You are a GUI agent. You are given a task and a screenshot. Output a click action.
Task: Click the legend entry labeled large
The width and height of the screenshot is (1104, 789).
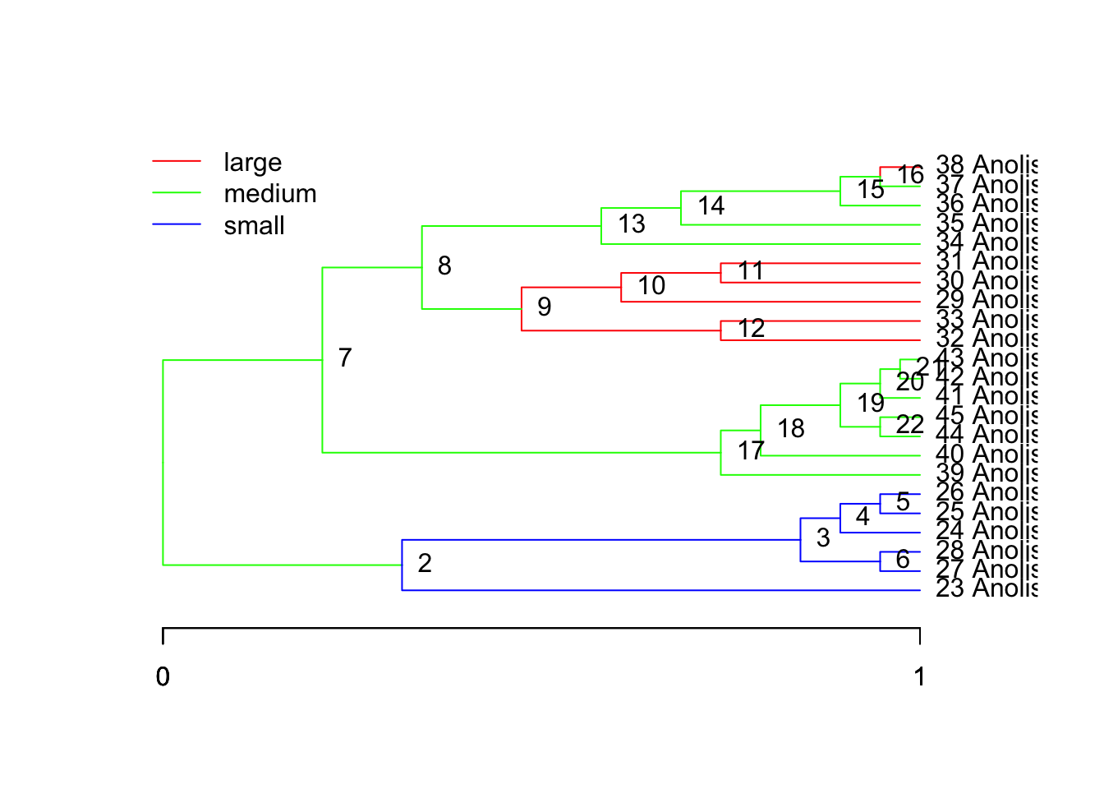point(252,163)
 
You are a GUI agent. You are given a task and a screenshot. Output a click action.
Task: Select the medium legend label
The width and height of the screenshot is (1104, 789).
point(269,194)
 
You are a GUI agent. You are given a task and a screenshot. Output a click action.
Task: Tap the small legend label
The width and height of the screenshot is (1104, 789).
point(254,226)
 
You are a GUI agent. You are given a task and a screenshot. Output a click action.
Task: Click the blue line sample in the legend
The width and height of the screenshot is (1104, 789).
point(177,224)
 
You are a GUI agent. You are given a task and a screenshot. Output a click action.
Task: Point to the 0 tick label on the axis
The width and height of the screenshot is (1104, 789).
point(163,676)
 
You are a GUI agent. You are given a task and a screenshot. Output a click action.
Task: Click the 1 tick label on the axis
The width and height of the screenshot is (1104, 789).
point(920,676)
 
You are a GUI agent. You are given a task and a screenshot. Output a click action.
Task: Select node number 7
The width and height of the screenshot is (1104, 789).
point(345,358)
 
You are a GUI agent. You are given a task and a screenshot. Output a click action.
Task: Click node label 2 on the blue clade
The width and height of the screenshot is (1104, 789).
point(424,563)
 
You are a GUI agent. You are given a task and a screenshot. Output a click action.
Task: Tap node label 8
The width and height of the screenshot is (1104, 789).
point(444,265)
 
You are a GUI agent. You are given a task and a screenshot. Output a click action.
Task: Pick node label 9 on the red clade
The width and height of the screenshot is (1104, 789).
point(544,307)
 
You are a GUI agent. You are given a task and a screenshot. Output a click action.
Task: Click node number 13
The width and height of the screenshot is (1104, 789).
point(632,224)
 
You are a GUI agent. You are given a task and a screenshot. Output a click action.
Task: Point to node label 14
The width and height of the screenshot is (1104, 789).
point(711,205)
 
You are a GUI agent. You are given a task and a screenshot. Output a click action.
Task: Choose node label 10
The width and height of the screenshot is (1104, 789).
point(651,285)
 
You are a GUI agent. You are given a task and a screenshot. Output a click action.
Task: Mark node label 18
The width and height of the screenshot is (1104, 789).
point(791,428)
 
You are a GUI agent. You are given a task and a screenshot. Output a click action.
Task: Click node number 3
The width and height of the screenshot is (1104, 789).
point(823,538)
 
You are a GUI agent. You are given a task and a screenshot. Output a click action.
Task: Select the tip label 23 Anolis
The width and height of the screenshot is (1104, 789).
point(986,588)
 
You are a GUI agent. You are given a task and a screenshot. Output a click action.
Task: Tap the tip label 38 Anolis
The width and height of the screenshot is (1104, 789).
point(986,165)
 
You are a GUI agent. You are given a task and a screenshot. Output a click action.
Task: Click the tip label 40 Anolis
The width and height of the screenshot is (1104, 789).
point(986,454)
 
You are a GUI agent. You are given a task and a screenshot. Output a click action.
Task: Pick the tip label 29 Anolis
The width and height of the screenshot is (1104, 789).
point(986,300)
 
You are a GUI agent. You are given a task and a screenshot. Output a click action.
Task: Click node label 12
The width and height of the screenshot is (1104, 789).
point(751,328)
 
